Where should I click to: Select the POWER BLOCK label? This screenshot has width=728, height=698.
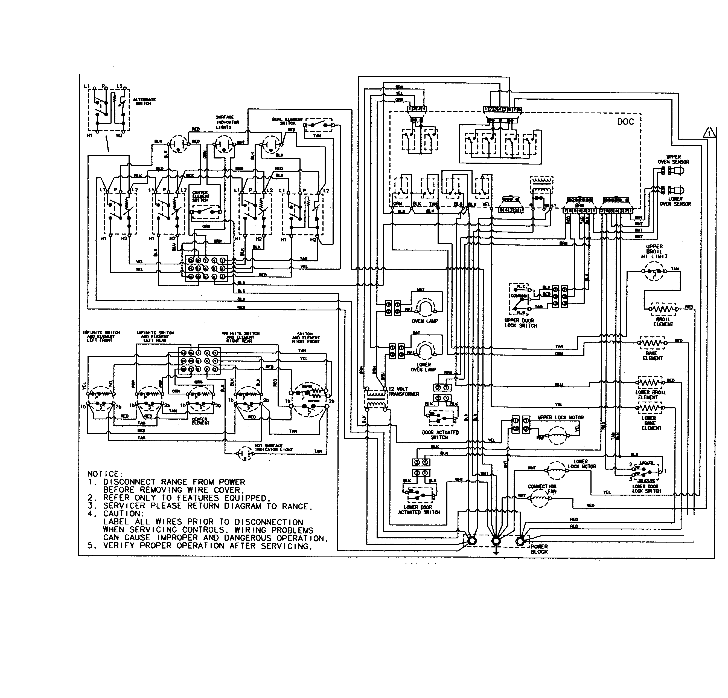click(x=539, y=549)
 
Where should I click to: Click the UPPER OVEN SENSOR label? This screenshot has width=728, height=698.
click(x=673, y=160)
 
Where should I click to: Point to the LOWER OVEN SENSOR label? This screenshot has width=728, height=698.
click(x=675, y=201)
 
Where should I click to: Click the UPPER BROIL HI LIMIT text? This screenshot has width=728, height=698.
click(x=654, y=251)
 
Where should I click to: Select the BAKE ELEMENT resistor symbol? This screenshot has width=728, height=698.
click(x=652, y=342)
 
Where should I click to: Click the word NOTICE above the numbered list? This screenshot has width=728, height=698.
click(x=103, y=474)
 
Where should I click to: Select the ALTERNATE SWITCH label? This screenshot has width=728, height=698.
click(x=144, y=102)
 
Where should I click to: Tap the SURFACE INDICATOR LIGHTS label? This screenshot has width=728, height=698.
click(x=227, y=122)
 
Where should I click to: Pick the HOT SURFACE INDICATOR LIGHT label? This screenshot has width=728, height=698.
click(x=274, y=448)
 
